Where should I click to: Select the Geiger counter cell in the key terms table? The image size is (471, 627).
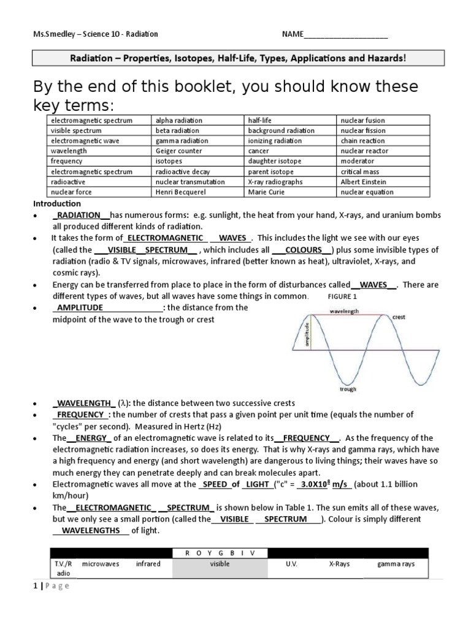[x=174, y=151]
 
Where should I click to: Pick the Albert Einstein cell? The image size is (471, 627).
[x=362, y=182]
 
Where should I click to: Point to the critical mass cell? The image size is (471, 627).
[x=359, y=171]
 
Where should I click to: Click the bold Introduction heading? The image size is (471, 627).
[x=57, y=203]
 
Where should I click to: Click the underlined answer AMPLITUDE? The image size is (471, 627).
[x=80, y=307]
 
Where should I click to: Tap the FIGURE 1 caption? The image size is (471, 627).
[x=342, y=296]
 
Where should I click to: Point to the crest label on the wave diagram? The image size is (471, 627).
[x=399, y=317]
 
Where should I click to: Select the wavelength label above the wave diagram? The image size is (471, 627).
[x=344, y=311]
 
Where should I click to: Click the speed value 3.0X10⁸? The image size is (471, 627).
[x=315, y=484]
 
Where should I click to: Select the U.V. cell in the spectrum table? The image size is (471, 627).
[x=291, y=564]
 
